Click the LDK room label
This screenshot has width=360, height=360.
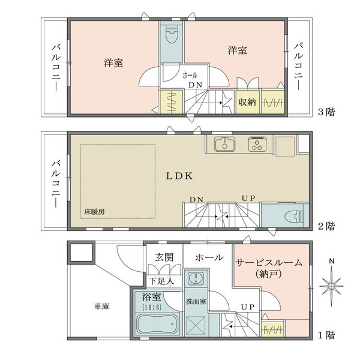point(179,176)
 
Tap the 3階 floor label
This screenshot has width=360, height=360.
point(327,111)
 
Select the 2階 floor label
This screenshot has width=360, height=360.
point(327,226)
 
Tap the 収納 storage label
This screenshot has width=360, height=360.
point(247,102)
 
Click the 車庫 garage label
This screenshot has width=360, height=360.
point(101,306)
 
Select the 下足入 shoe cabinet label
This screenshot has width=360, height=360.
point(162,280)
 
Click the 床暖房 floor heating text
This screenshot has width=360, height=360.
point(94,212)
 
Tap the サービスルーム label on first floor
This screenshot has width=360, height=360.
point(268,263)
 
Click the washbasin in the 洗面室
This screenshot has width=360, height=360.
point(196,279)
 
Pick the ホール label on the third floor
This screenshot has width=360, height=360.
point(190,76)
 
